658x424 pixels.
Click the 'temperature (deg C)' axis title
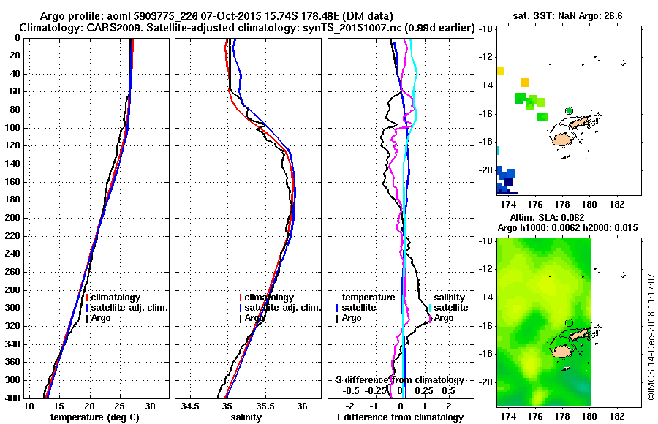click(x=95, y=417)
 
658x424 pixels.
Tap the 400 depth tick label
click(x=14, y=398)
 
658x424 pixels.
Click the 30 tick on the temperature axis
click(x=151, y=406)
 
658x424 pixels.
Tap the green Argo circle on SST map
click(x=569, y=110)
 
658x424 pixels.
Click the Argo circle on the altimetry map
click(x=569, y=322)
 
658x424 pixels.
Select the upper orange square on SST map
click(x=501, y=71)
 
